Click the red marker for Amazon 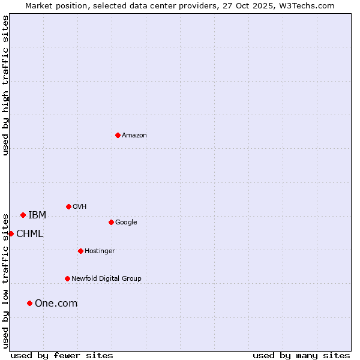[118, 135]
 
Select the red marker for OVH [68, 206]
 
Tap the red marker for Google [111, 222]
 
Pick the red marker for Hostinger [80, 251]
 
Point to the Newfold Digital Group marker [67, 278]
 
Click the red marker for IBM [23, 215]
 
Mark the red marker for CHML [11, 233]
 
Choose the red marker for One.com [29, 303]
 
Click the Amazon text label [134, 135]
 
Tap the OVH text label [80, 206]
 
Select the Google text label [126, 222]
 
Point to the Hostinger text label [100, 251]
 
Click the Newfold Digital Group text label [106, 278]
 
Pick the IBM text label [37, 215]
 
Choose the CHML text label [29, 233]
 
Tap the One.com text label [56, 303]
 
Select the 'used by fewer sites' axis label [62, 355]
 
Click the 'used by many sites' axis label [301, 355]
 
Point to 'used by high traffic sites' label [5, 85]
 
